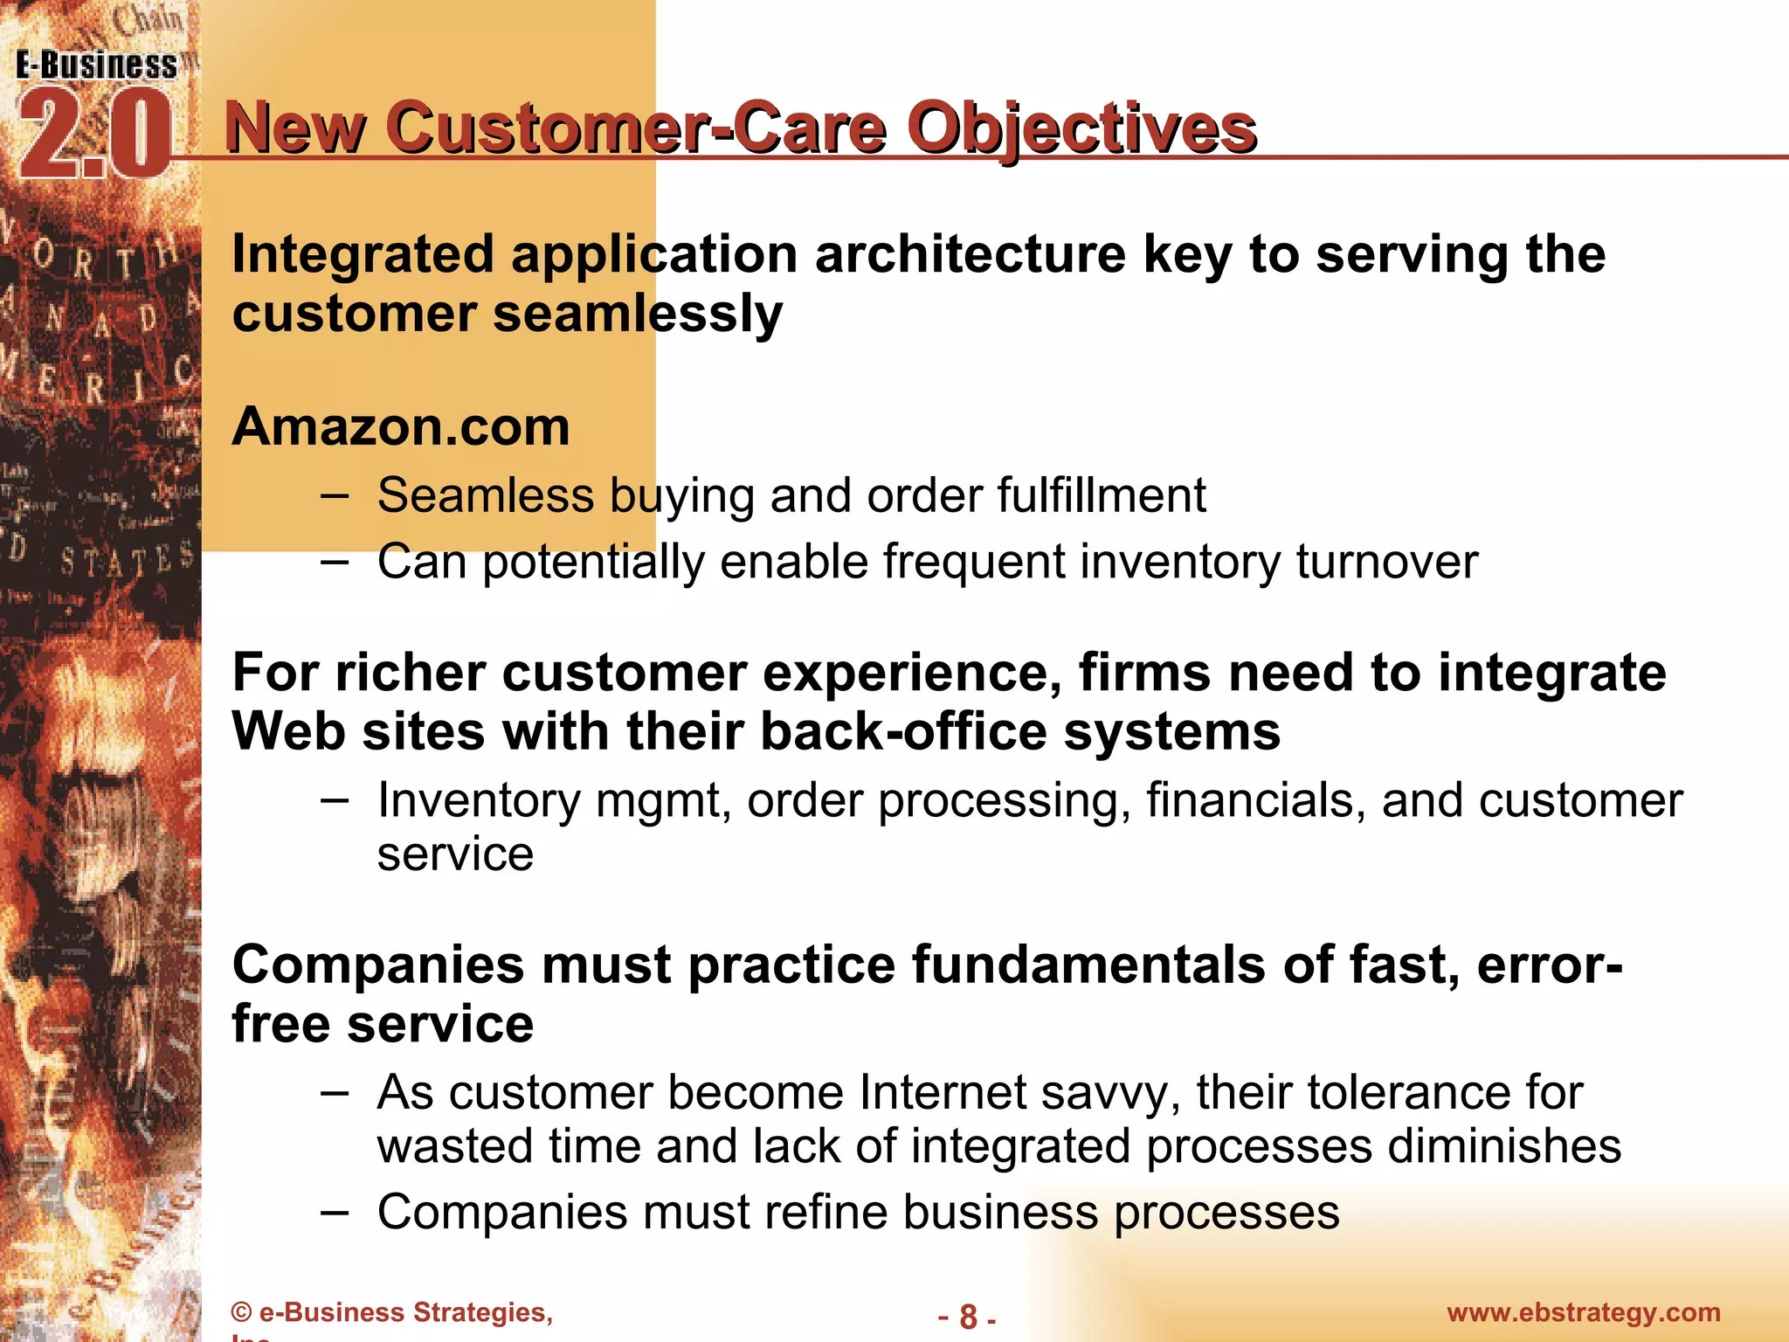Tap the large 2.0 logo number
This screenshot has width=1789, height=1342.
pos(94,135)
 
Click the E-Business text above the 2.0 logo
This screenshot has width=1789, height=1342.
pos(96,66)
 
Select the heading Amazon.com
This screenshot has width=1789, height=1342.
pos(400,427)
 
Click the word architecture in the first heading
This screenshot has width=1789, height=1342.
pos(970,254)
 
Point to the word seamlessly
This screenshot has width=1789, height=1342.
pos(638,314)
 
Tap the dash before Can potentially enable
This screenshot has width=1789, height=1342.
pos(335,562)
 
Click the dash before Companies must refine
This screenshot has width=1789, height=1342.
pos(335,1213)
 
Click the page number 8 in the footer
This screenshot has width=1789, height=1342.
pos(968,1316)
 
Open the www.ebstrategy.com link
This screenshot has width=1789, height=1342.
pos(1583,1312)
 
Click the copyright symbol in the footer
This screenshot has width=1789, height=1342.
pos(241,1313)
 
